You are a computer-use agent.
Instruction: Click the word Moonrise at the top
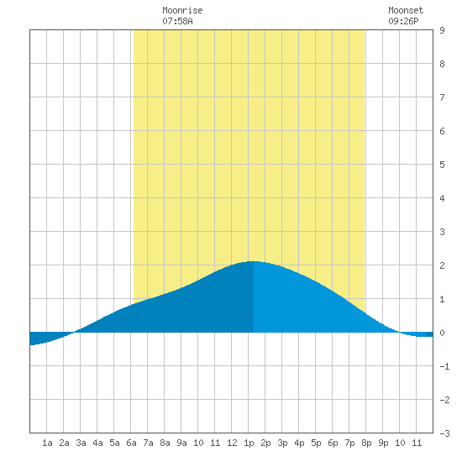(182, 10)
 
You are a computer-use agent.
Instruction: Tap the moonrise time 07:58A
(177, 21)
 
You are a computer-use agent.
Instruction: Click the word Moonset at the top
(406, 10)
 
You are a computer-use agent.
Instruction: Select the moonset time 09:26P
(403, 21)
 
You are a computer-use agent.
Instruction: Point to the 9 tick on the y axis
(442, 30)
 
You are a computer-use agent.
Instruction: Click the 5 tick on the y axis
(442, 165)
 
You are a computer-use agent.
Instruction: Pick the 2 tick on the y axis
(442, 265)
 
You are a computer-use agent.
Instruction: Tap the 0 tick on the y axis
(442, 333)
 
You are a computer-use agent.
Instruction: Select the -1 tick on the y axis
(444, 366)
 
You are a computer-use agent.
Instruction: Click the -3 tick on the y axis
(444, 433)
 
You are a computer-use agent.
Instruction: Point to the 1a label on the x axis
(47, 443)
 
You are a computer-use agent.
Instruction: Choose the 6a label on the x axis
(131, 443)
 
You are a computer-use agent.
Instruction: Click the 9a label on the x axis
(181, 443)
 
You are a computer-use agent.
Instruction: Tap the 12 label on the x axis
(232, 443)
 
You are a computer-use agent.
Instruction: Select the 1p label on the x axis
(249, 443)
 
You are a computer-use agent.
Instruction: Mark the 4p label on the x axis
(299, 443)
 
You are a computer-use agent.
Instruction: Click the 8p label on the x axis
(366, 443)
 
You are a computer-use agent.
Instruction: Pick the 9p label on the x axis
(383, 443)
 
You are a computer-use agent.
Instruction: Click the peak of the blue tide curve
(253, 261)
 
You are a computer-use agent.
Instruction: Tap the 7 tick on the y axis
(442, 97)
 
